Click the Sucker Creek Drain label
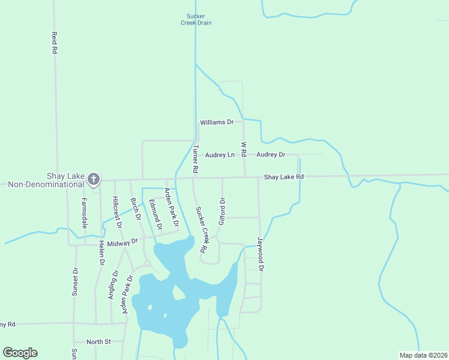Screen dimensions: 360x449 196,20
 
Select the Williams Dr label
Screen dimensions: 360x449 217,122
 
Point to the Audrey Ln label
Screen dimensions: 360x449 220,155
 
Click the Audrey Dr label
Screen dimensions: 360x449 271,155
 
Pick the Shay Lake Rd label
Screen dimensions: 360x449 284,177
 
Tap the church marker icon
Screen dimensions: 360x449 94,178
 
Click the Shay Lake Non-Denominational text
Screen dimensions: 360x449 46,181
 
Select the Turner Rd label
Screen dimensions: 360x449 195,159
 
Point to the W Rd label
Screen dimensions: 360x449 244,149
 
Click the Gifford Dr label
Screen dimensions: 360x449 221,212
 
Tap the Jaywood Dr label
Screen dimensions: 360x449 261,253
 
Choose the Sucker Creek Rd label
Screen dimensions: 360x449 200,229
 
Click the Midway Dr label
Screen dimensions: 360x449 122,241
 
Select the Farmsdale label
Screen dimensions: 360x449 85,214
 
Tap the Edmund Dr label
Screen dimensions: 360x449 155,215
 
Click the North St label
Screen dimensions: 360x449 99,342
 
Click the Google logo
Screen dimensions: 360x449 20,352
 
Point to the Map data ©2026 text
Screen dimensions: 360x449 423,355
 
